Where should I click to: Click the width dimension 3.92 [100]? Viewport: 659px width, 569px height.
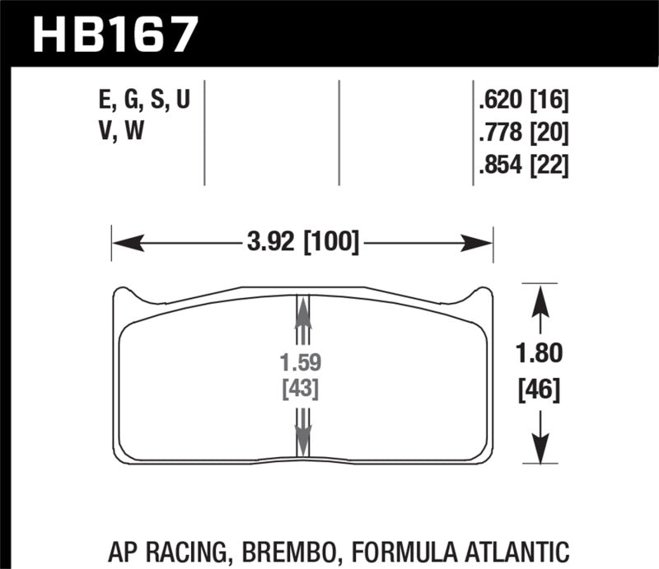[x=302, y=243]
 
